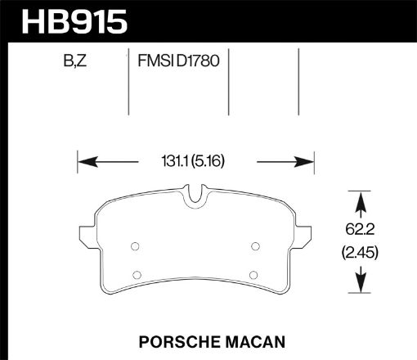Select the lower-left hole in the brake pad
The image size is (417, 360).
click(x=137, y=273)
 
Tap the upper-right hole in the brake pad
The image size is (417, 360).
click(x=254, y=245)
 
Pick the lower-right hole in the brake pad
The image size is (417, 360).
click(x=253, y=273)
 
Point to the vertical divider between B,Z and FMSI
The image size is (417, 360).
click(x=128, y=82)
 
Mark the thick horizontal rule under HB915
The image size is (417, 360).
click(x=208, y=40)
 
